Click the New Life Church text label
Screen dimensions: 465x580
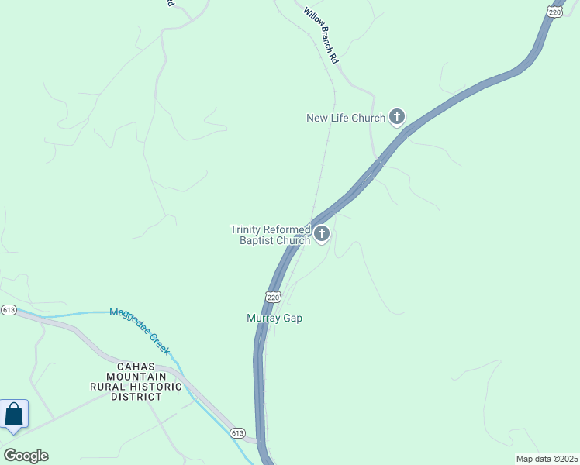(x=346, y=119)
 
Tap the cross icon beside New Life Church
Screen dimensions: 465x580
(x=397, y=118)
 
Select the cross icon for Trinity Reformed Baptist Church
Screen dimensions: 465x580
(x=321, y=233)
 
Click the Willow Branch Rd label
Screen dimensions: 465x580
(x=323, y=36)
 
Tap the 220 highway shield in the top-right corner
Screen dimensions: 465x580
(x=553, y=11)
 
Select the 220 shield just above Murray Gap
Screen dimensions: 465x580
(x=272, y=297)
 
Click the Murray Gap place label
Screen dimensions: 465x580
(x=274, y=319)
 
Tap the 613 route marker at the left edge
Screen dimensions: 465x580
(x=9, y=310)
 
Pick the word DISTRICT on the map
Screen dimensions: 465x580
(x=136, y=396)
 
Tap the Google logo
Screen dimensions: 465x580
(x=26, y=455)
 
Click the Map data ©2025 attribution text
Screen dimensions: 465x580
(x=547, y=459)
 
